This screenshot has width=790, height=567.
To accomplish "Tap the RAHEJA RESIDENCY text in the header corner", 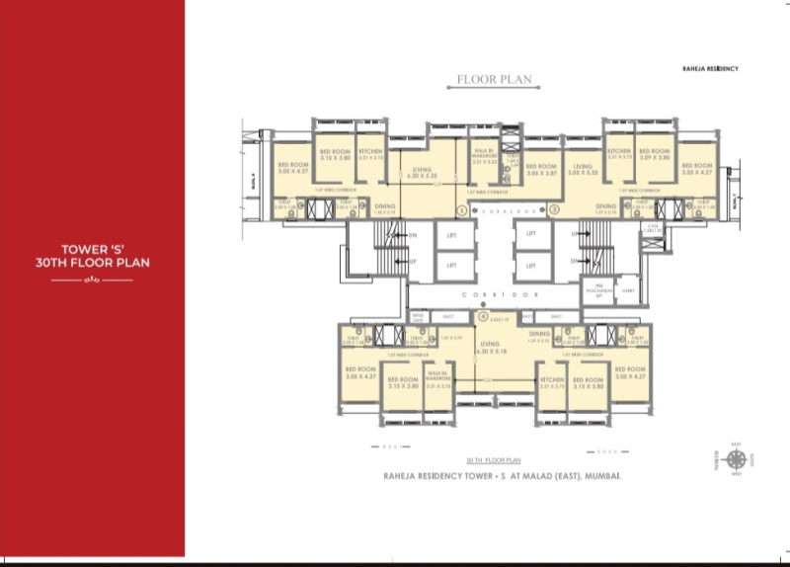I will coord(711,68).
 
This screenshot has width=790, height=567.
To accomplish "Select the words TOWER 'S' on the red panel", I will coord(91,251).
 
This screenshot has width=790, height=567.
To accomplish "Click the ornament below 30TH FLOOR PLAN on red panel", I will coord(91,281).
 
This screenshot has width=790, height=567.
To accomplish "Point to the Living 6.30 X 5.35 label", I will coord(423,174).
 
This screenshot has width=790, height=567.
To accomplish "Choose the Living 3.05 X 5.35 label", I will coord(584,170).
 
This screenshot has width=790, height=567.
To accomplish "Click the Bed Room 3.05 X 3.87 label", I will coord(542,170).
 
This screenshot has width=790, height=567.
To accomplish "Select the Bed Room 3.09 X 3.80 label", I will coord(654,155).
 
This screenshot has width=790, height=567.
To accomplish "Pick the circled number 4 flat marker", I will coord(483,317).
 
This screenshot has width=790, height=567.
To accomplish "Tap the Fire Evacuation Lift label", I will coord(598,290).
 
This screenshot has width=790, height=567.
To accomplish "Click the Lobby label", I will coord(628,290).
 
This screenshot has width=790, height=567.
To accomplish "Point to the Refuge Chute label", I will coord(417,317).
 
